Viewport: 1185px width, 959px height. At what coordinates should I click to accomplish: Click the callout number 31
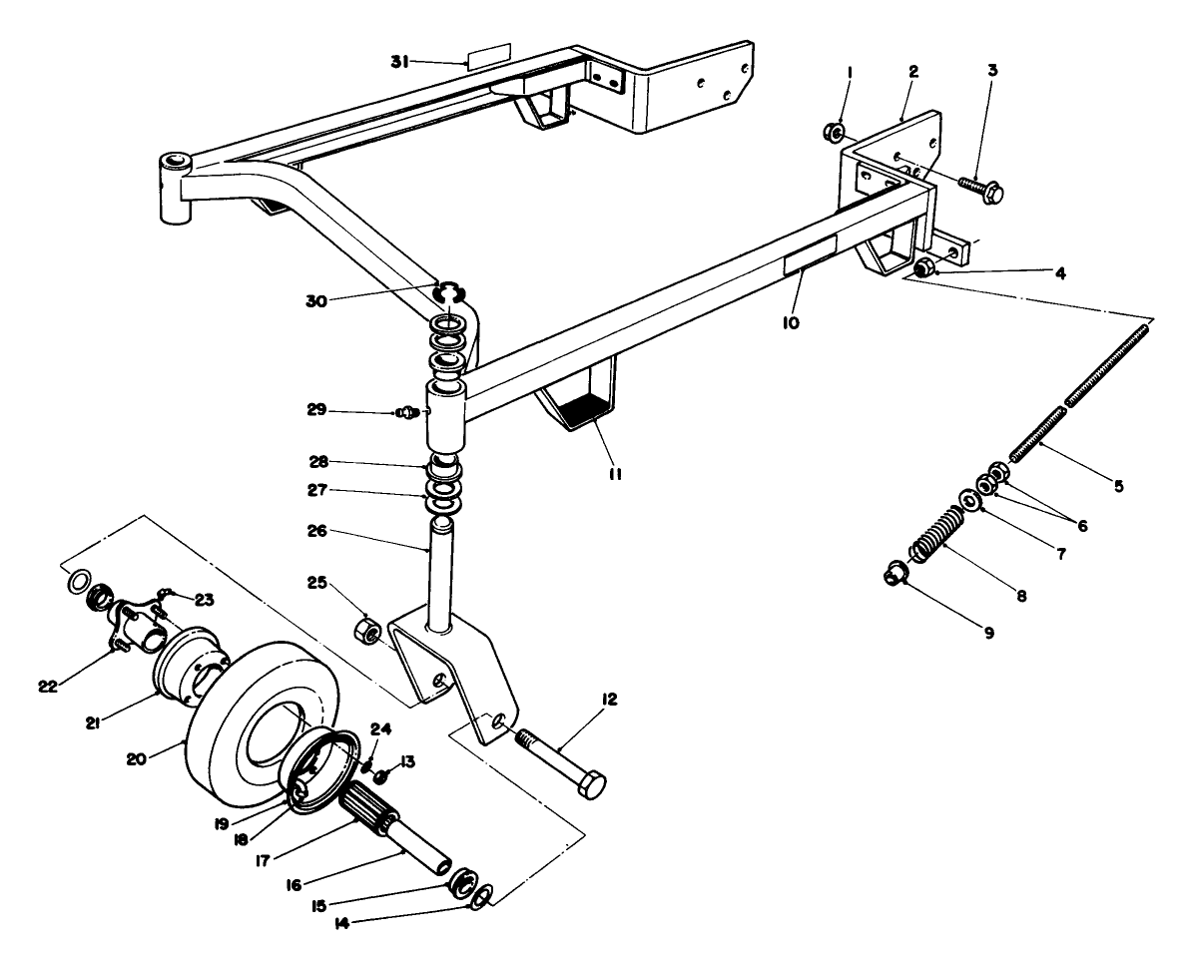click(x=400, y=62)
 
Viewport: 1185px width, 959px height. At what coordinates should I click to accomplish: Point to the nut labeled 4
click(x=923, y=267)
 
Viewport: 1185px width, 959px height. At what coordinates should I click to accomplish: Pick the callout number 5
click(x=1118, y=487)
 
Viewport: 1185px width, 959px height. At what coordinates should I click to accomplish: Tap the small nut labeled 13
click(x=380, y=776)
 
